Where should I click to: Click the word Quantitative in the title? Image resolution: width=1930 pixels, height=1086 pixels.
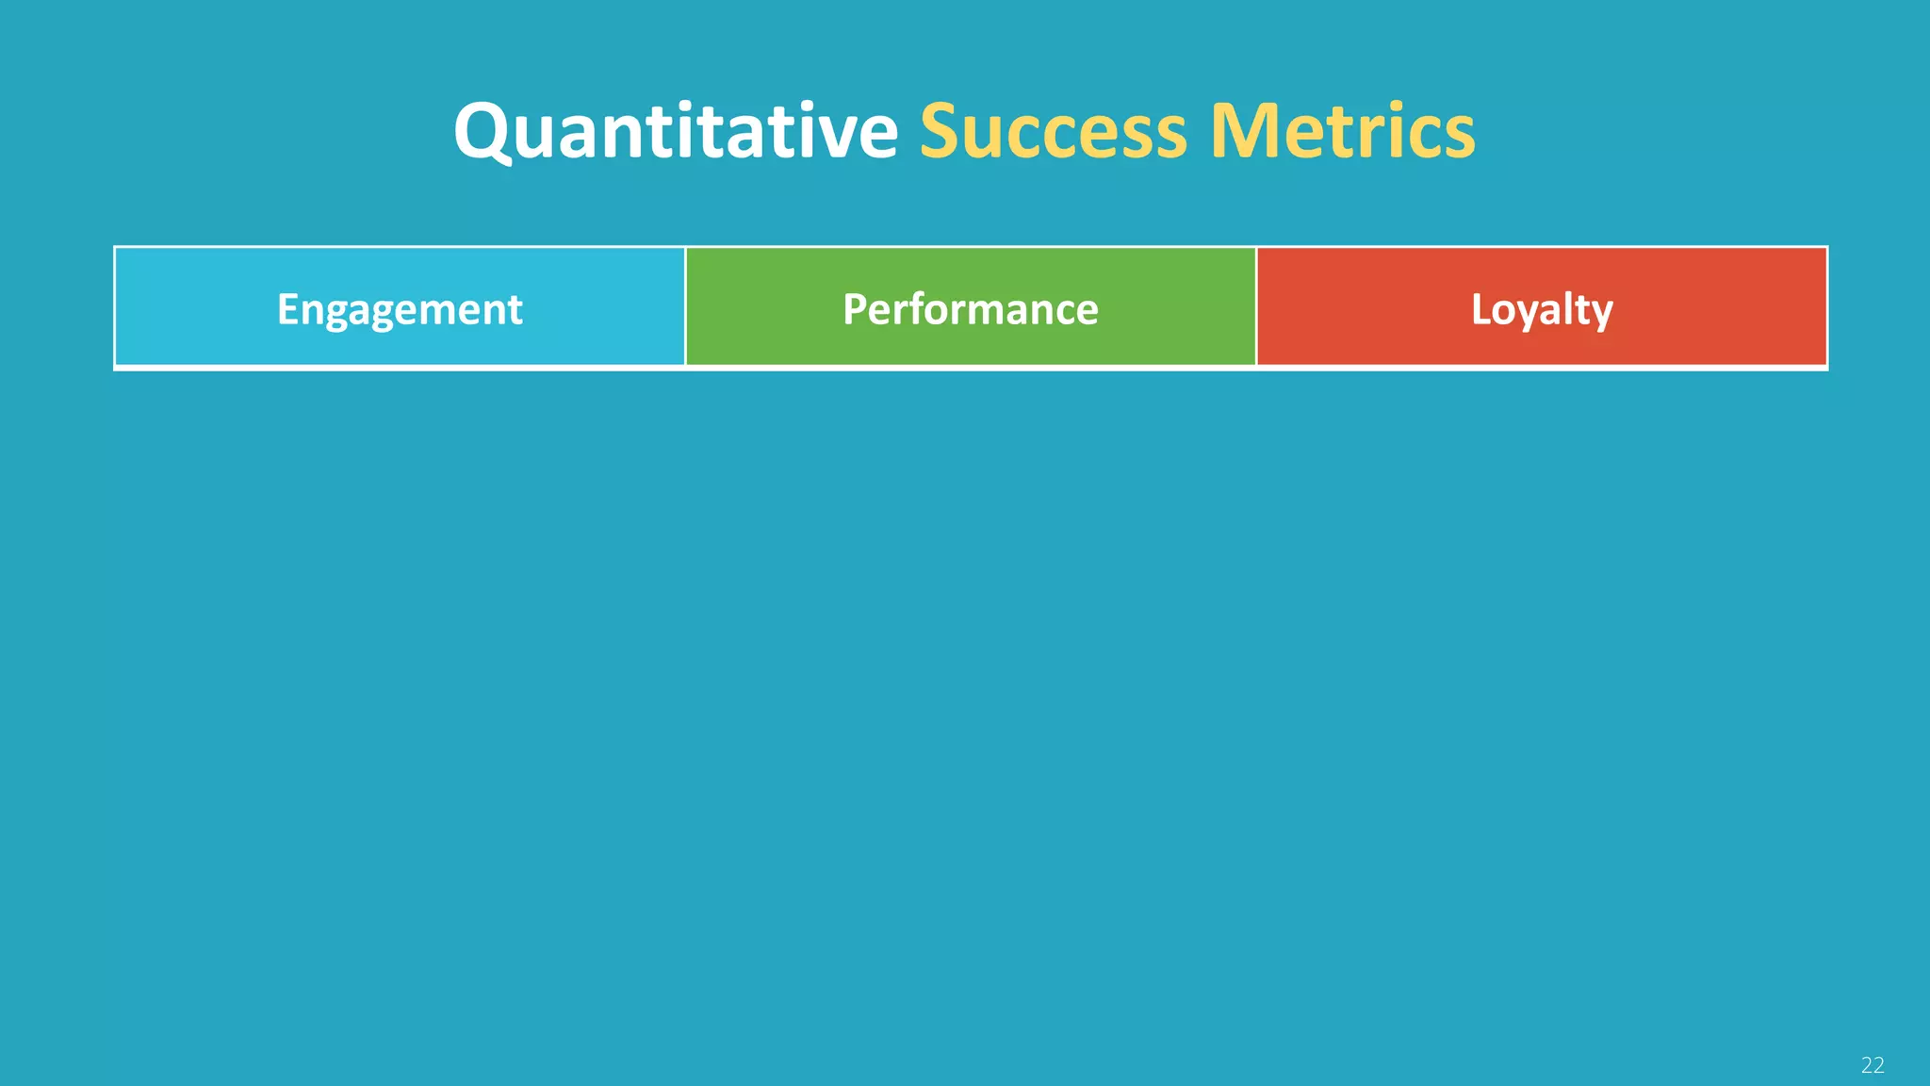(x=676, y=131)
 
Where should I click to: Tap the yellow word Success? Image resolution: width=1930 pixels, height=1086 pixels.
(x=1053, y=131)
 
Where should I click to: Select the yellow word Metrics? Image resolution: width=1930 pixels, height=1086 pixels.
(x=1342, y=131)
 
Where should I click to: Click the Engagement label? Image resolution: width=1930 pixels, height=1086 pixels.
(x=400, y=310)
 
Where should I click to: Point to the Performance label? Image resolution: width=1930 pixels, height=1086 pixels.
(x=970, y=310)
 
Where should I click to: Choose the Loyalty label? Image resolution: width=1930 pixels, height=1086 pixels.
(x=1542, y=310)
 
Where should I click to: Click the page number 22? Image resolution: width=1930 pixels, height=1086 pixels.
(x=1872, y=1065)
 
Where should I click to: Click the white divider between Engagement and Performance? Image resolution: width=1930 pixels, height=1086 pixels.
(x=685, y=306)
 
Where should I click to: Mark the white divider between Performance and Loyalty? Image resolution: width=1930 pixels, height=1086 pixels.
(x=1256, y=306)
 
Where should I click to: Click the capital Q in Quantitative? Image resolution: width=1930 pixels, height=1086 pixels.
(x=482, y=132)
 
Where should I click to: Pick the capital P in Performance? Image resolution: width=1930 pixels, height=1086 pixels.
(x=854, y=309)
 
